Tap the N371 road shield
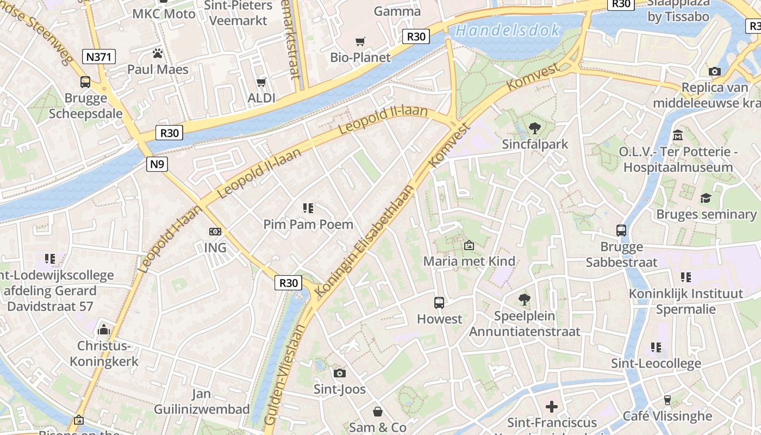click(99, 56)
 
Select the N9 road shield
click(157, 164)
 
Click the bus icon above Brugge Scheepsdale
click(85, 82)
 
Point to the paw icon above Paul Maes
click(158, 53)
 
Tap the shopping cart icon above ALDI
click(261, 82)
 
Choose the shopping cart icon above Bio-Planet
click(360, 42)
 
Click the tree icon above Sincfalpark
click(535, 128)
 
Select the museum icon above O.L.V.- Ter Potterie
click(678, 135)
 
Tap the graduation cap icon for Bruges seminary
click(706, 198)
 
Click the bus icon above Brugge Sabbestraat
click(621, 231)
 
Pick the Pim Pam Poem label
click(308, 224)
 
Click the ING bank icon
click(215, 232)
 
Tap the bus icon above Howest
click(439, 303)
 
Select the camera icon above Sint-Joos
click(340, 373)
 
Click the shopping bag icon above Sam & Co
click(378, 412)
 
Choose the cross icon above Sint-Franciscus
click(552, 406)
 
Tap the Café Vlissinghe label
click(667, 416)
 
